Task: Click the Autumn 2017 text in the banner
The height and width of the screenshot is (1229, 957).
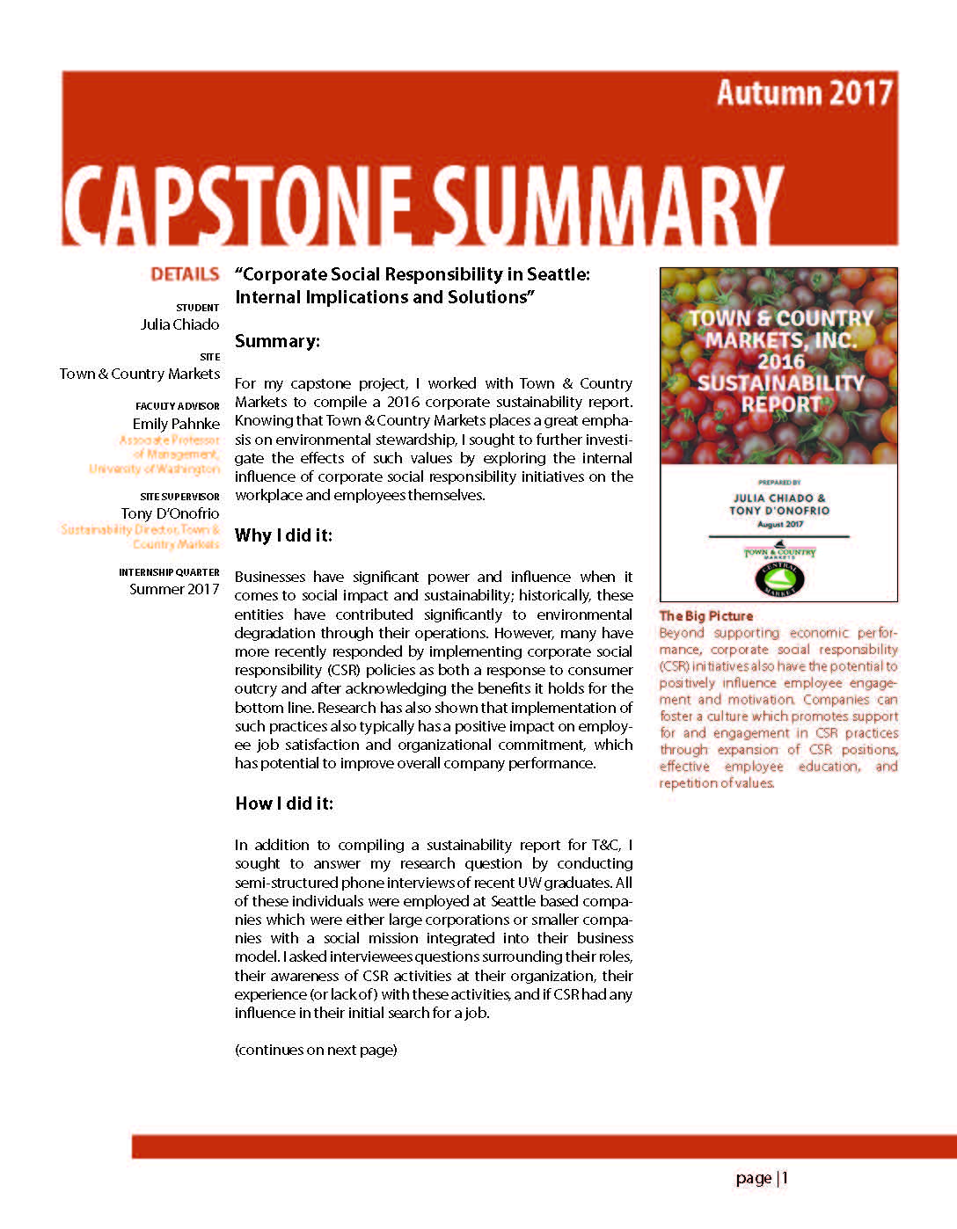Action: [x=804, y=93]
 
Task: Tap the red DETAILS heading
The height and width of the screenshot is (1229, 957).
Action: [x=185, y=274]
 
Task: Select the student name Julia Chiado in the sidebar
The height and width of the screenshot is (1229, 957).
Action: [x=179, y=324]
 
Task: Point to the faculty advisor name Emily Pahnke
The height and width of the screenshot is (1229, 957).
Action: [x=176, y=424]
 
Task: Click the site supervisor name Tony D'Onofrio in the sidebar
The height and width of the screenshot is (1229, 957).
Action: [x=170, y=513]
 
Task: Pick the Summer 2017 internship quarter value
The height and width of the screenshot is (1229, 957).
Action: [x=174, y=589]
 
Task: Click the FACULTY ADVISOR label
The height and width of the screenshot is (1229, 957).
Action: [x=178, y=406]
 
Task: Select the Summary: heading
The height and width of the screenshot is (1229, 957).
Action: [x=277, y=341]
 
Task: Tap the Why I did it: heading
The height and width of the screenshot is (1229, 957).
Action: [x=283, y=535]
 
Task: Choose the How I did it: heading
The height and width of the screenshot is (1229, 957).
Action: [x=284, y=804]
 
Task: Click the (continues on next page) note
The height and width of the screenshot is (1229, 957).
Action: [x=316, y=1050]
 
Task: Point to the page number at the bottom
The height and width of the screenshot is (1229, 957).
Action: [x=762, y=1178]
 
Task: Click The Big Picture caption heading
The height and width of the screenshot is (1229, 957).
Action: [x=705, y=616]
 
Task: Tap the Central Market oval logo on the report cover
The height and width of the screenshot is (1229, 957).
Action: [x=779, y=579]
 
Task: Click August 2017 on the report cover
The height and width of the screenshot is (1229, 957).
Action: [x=779, y=524]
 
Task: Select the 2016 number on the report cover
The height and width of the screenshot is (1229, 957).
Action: [x=780, y=361]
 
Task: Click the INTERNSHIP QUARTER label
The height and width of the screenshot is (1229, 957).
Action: [x=169, y=572]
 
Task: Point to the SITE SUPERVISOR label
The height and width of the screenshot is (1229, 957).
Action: [x=179, y=497]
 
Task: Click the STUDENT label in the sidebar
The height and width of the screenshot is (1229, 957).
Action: [x=197, y=308]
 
